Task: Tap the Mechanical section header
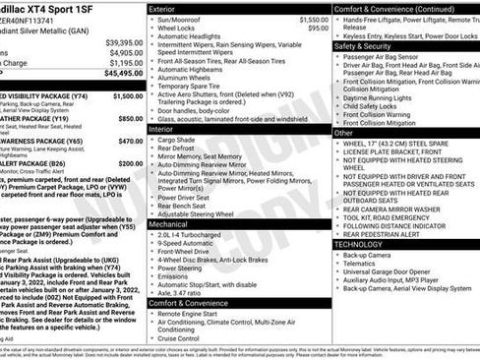168,224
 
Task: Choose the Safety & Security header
363,45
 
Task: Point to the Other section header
343,132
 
